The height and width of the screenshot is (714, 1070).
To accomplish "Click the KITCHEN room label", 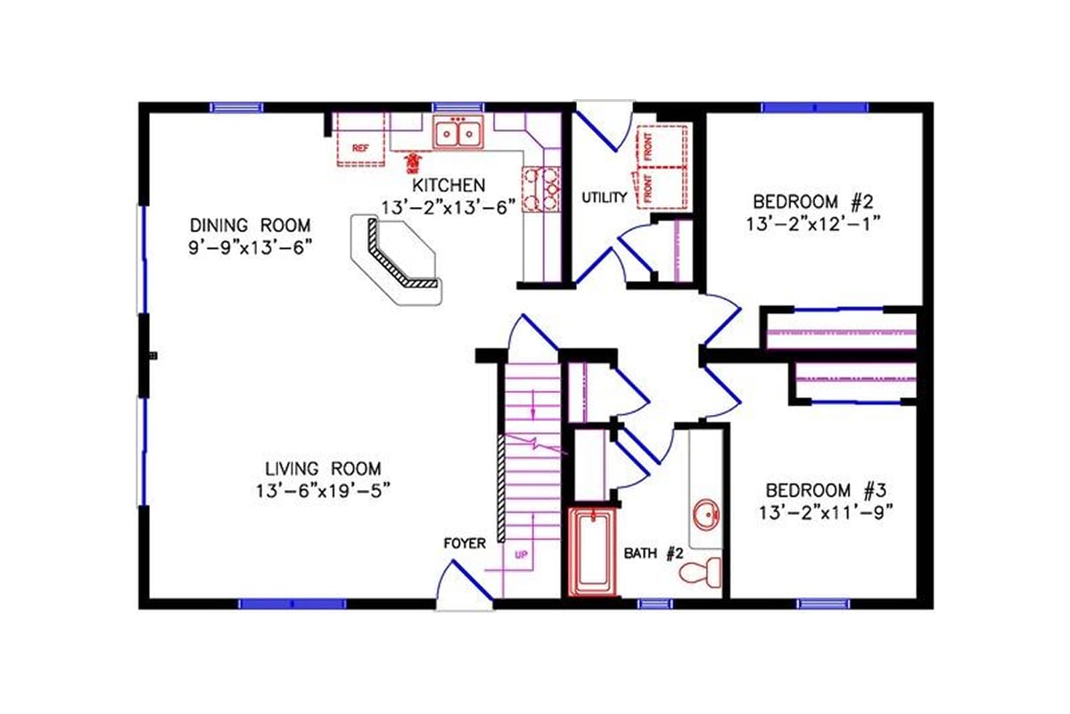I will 449,186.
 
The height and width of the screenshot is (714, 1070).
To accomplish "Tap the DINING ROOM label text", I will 249,224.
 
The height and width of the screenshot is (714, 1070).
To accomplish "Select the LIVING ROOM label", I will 323,468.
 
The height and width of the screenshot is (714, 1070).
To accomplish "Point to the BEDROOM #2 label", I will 813,200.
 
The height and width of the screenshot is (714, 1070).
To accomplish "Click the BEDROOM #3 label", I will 825,490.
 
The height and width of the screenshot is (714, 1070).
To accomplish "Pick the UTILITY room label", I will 604,197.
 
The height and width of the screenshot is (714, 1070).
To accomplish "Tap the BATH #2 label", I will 652,553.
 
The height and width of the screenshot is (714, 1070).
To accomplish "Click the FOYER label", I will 464,543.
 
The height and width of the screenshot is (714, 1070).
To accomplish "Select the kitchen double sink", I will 457,133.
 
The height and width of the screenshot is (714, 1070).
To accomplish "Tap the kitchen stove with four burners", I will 541,188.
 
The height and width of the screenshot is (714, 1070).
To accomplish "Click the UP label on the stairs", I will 522,554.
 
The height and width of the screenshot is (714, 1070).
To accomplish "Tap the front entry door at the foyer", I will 465,585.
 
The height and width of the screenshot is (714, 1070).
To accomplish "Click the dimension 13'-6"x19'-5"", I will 323,489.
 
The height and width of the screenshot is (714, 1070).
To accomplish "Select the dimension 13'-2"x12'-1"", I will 813,223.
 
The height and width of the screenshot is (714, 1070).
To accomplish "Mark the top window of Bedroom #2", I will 814,107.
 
